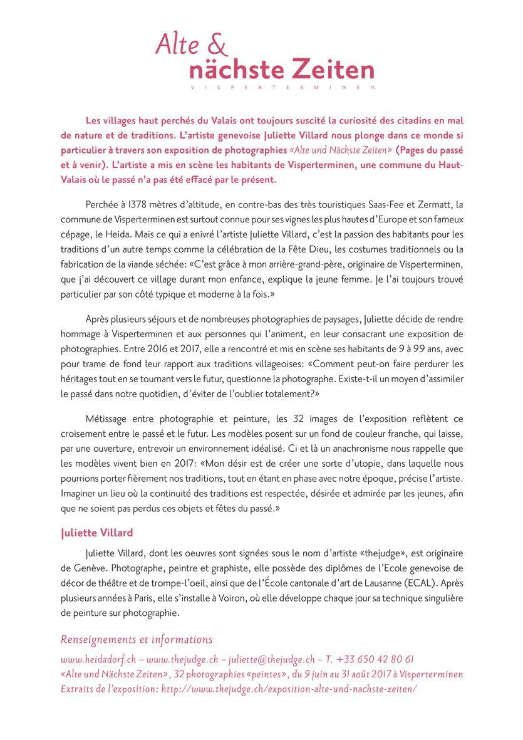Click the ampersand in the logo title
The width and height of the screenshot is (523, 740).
216,45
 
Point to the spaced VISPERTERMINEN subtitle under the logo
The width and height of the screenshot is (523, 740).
282,87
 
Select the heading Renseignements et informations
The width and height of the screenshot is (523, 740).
137,640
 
